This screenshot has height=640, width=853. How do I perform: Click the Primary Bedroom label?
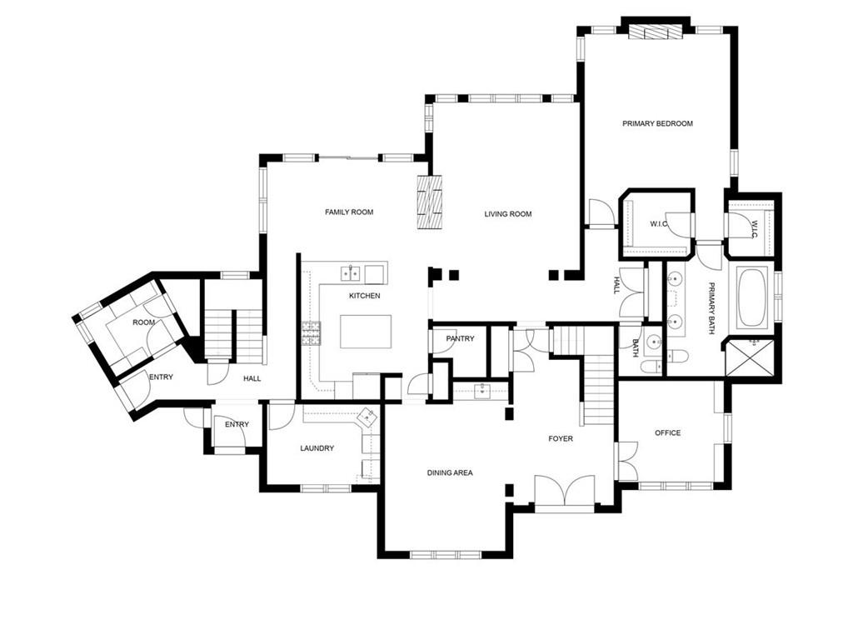point(657,123)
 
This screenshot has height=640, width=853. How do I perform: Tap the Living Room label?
point(508,214)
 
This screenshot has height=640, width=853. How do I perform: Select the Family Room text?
point(349,212)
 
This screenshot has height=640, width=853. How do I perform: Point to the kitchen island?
point(366,331)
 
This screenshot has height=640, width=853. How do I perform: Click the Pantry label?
point(460,338)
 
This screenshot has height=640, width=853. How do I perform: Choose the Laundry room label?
point(317,448)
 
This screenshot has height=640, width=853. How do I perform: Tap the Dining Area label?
point(450,472)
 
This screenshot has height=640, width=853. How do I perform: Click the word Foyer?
point(560,438)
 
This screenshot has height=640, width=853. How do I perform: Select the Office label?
point(667,432)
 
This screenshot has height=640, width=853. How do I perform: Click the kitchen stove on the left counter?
point(311,333)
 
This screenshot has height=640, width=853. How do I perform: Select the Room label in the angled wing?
point(143,322)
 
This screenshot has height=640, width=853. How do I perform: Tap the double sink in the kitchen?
point(351,272)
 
